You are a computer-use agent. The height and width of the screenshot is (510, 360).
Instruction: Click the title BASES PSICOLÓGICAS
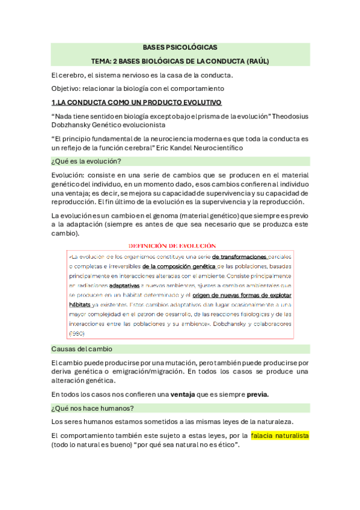click(x=180, y=46)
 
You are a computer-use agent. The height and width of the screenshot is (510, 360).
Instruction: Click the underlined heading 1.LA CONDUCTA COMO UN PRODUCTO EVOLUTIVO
click(x=136, y=103)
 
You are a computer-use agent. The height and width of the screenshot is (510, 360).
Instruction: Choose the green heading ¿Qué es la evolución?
click(x=87, y=161)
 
